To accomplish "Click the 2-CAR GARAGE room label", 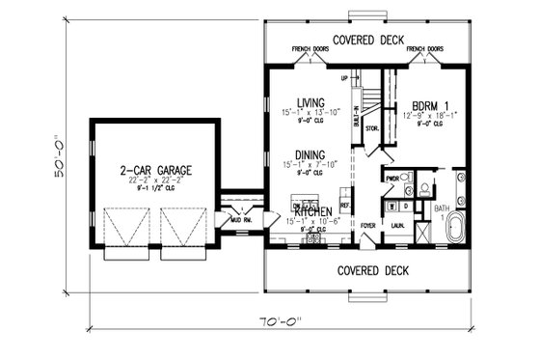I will pyautogui.click(x=154, y=170).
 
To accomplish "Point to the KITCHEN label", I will pyautogui.click(x=314, y=211).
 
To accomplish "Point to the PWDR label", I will pyautogui.click(x=392, y=179).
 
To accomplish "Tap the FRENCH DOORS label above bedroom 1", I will pyautogui.click(x=423, y=47).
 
